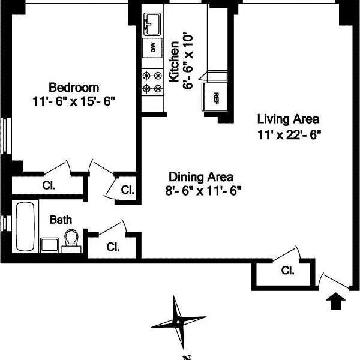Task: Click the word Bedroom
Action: pos(74,87)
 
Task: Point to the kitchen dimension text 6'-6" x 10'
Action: pos(188,62)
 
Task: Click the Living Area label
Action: pos(289,118)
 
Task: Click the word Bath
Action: pos(60,220)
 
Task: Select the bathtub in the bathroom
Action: pos(26,227)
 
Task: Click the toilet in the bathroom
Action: pos(72,239)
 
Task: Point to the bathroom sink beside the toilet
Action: pos(49,244)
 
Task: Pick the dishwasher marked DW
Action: pos(152,48)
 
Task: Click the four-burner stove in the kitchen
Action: pos(152,83)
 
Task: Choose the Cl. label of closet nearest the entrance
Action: pos(287,271)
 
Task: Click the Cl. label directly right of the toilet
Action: pos(112,246)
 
